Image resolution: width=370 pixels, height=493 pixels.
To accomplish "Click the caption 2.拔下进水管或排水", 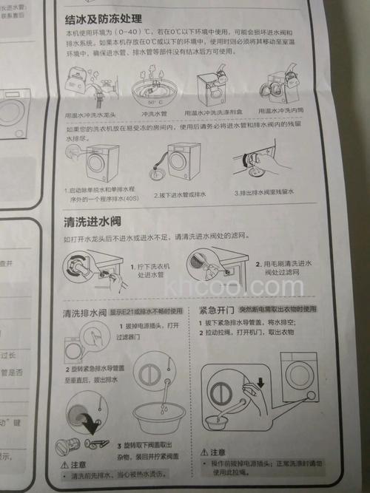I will coord(178,196).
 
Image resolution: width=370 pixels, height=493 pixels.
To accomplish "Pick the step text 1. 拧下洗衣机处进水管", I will coord(152,270).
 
